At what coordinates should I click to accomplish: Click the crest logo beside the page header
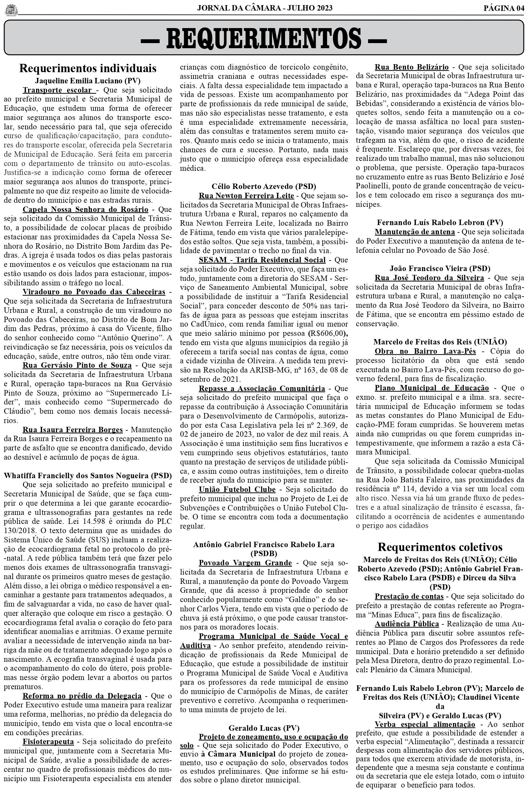11,10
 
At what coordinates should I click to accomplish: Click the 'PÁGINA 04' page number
504,8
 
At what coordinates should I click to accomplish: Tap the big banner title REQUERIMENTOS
264,38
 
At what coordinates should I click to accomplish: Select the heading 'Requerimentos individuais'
87,68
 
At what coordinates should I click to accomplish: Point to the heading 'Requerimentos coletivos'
440,547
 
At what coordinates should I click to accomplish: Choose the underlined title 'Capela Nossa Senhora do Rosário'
85,209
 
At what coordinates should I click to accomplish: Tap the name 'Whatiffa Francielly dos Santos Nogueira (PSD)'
87,476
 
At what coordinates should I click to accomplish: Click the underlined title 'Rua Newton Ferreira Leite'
246,196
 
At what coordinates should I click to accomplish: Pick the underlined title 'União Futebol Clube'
237,489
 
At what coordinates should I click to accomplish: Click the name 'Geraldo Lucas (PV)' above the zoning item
264,719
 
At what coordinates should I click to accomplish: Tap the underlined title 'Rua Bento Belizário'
411,67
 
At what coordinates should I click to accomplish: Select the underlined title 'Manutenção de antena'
415,232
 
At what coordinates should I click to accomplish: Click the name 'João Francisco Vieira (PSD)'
440,268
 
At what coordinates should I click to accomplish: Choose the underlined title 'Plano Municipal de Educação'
432,388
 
